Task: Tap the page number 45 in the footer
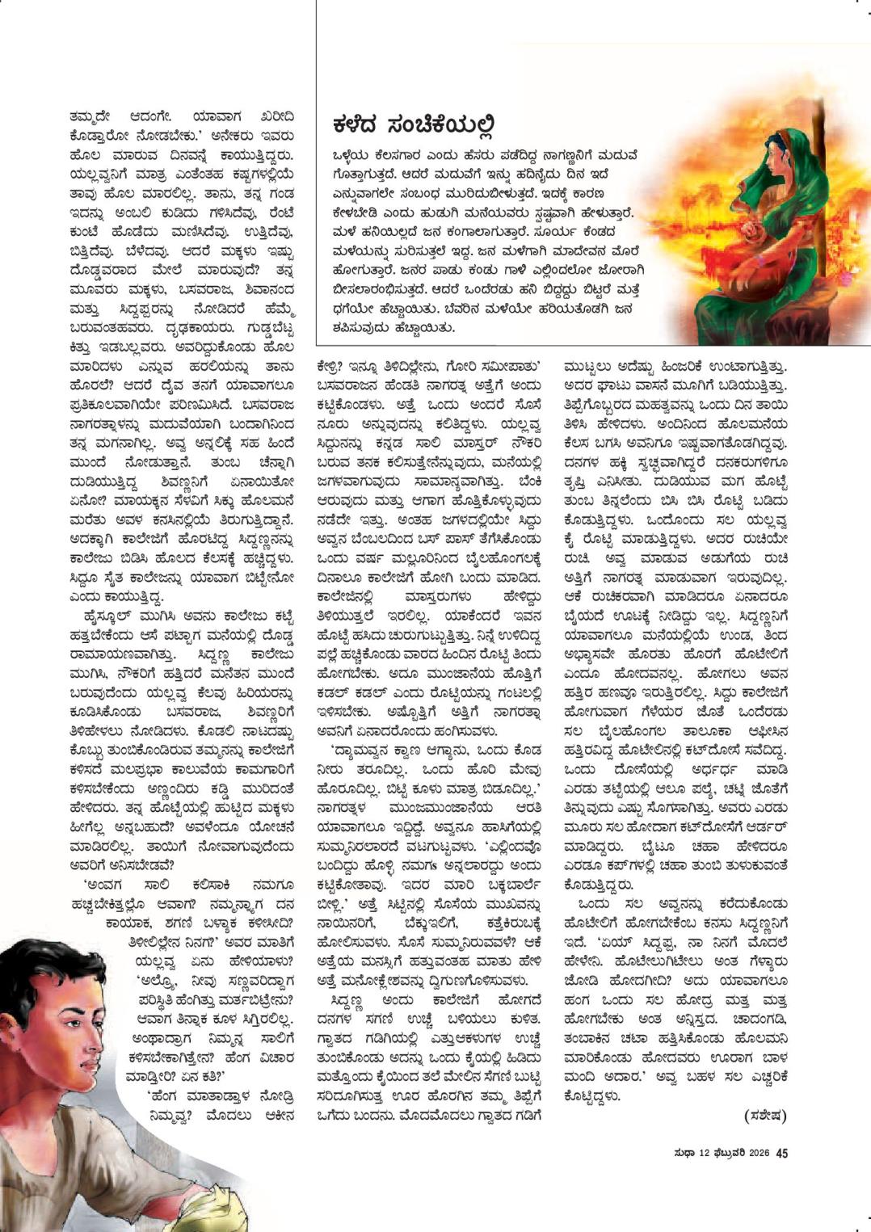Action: pos(781,1153)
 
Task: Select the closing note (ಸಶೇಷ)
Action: pos(765,1116)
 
